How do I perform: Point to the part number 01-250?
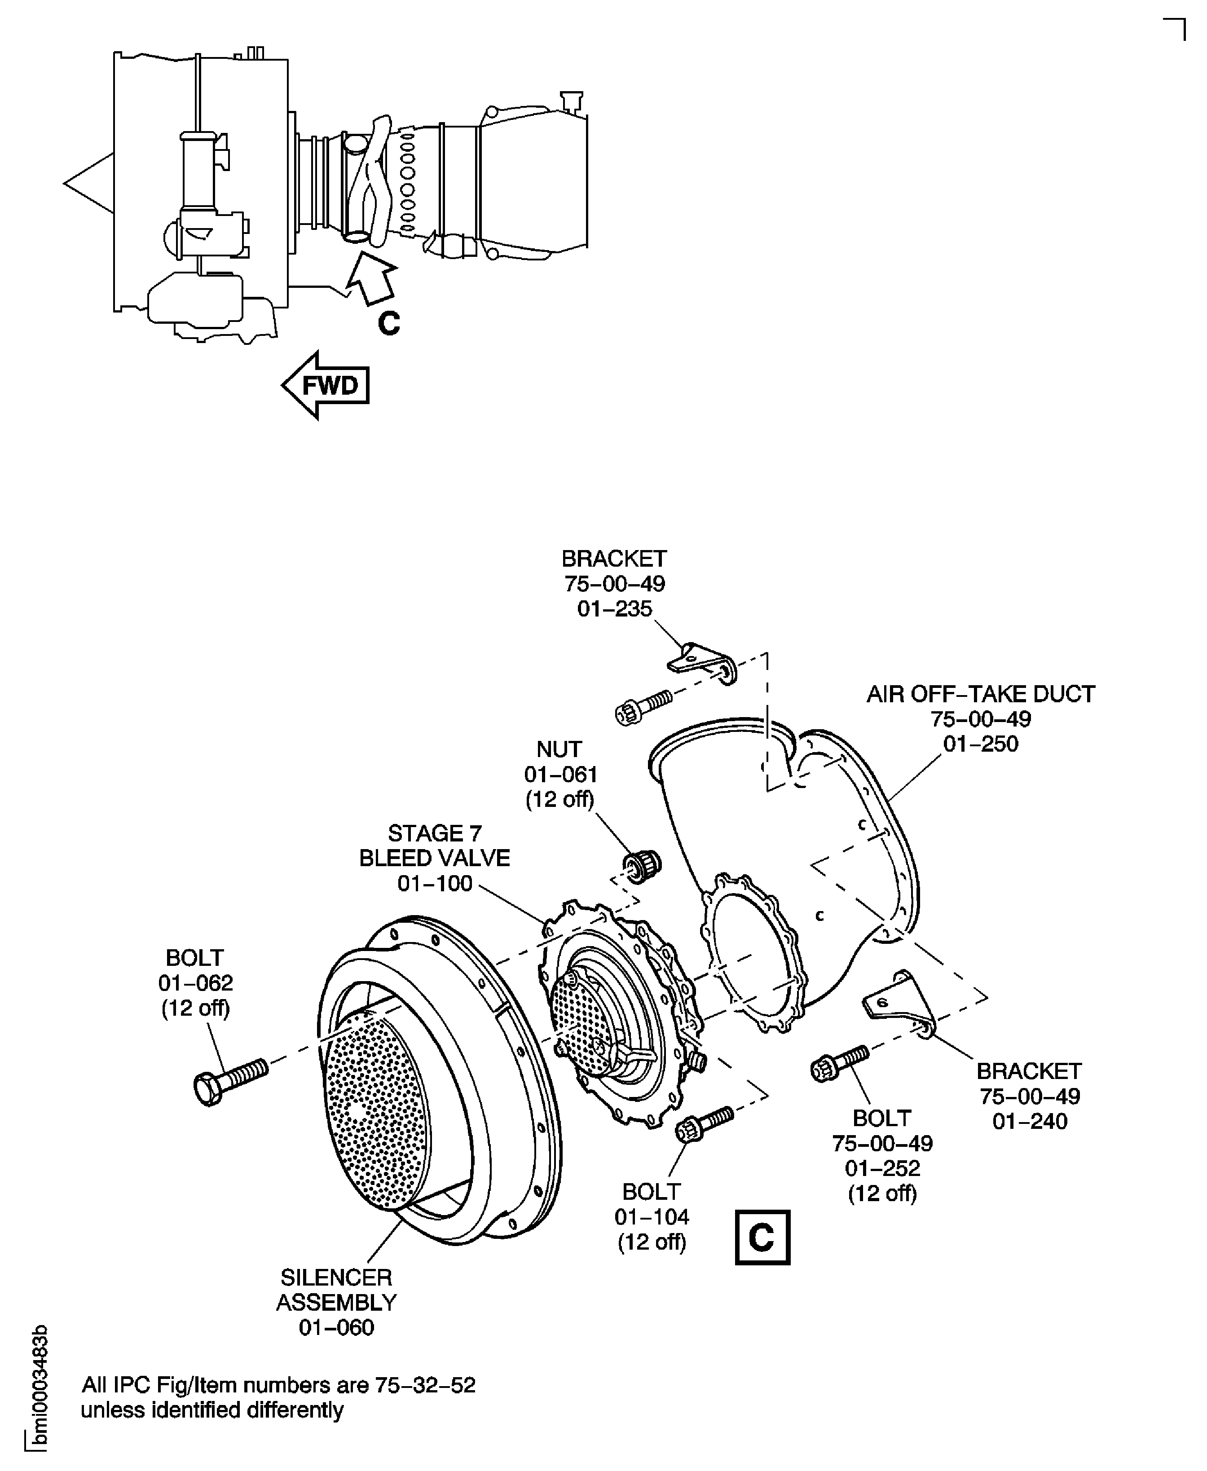pos(980,744)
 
